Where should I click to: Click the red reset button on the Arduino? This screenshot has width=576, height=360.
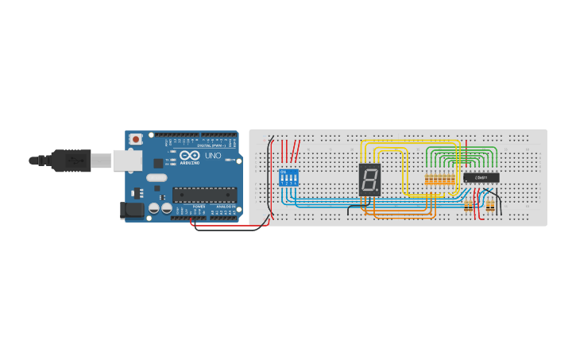pyautogui.click(x=137, y=139)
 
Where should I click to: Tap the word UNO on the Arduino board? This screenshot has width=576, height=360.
pyautogui.click(x=213, y=157)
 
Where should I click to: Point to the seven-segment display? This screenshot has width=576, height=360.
pyautogui.click(x=369, y=180)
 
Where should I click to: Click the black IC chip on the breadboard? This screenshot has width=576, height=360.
pyautogui.click(x=481, y=176)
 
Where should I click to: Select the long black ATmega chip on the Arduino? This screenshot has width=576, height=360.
pyautogui.click(x=205, y=193)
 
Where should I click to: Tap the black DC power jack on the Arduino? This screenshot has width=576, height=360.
pyautogui.click(x=132, y=210)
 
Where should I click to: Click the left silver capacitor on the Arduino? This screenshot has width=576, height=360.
pyautogui.click(x=153, y=208)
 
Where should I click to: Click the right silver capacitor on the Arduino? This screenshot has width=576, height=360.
pyautogui.click(x=167, y=208)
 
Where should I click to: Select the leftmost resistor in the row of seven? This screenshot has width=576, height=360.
pyautogui.click(x=427, y=180)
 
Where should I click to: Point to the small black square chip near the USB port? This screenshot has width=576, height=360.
pyautogui.click(x=157, y=162)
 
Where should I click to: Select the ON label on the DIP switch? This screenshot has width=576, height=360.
pyautogui.click(x=283, y=171)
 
